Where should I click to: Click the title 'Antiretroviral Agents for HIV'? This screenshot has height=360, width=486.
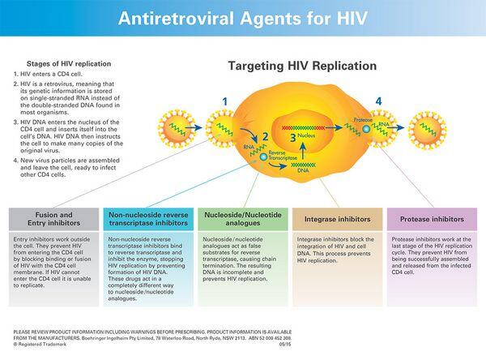click(x=243, y=17)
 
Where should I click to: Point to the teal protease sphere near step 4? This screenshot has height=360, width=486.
click(x=365, y=128)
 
